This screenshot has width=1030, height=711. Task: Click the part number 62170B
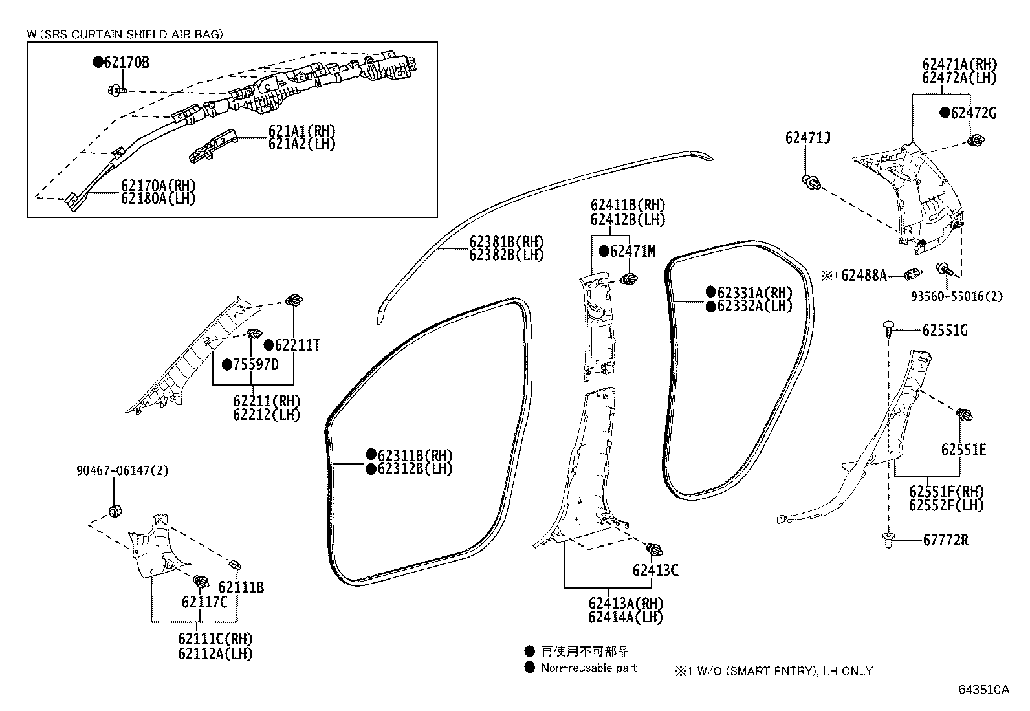click(x=126, y=63)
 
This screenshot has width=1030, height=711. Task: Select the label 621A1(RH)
click(x=302, y=130)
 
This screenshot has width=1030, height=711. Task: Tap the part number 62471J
click(x=807, y=138)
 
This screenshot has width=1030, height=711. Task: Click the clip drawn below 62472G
click(x=977, y=140)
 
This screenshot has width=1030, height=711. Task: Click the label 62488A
click(x=864, y=276)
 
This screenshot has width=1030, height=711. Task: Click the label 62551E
click(x=963, y=450)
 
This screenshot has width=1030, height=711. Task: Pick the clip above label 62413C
click(x=655, y=551)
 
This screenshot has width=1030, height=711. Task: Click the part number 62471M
click(x=632, y=252)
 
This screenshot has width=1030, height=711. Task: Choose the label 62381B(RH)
click(x=507, y=242)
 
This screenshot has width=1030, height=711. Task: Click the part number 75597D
click(x=256, y=365)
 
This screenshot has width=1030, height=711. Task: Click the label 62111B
click(x=241, y=587)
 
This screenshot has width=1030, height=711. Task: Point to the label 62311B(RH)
click(x=415, y=454)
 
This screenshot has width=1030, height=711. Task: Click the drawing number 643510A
click(x=983, y=689)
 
